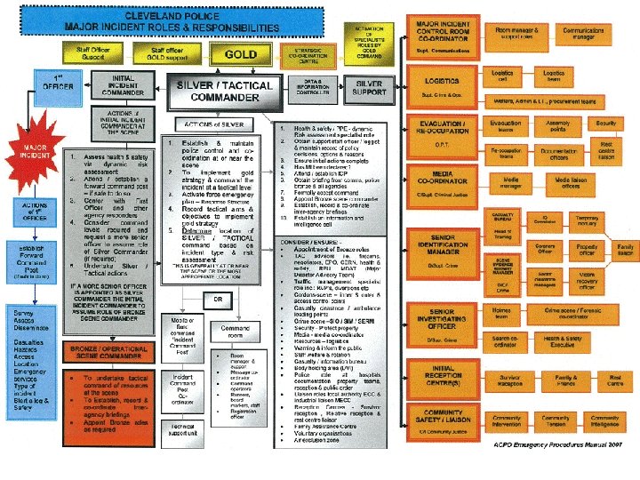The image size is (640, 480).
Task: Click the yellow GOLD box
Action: (x=241, y=54)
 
